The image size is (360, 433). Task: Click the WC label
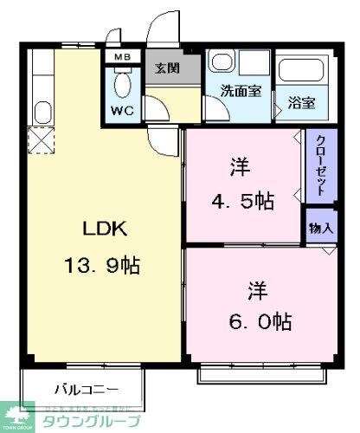(122, 111)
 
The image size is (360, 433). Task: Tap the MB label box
(121, 58)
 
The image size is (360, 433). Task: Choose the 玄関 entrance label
(168, 68)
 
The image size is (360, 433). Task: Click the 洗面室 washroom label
(240, 91)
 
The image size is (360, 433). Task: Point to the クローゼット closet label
(320, 166)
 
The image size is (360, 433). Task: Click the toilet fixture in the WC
(123, 84)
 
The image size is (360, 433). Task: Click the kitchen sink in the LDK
(41, 112)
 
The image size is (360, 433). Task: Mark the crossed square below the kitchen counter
(41, 139)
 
